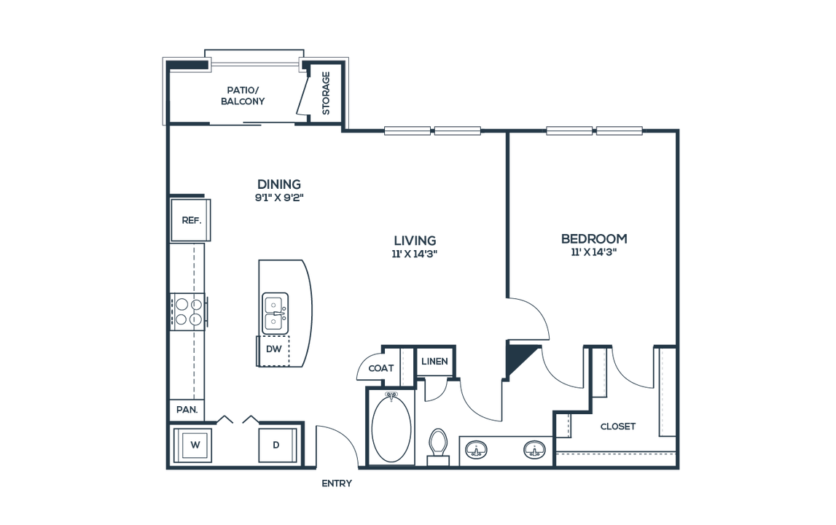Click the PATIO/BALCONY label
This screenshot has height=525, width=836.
(243, 96)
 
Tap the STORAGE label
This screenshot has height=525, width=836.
(326, 93)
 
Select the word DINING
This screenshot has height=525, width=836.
(279, 184)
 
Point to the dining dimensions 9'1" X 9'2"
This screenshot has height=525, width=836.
(279, 198)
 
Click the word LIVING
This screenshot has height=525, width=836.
(415, 241)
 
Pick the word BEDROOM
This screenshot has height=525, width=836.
(594, 238)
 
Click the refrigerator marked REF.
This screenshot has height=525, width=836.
(190, 219)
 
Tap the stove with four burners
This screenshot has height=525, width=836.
(188, 311)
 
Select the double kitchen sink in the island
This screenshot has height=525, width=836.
(275, 314)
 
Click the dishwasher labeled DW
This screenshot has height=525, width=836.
(273, 350)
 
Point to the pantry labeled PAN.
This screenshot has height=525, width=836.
(187, 410)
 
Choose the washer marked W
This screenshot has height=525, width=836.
(193, 445)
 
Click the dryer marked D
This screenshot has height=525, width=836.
(277, 445)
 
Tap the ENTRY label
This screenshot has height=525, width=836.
(337, 483)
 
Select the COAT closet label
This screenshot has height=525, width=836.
(380, 368)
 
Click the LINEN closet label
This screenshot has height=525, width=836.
(434, 361)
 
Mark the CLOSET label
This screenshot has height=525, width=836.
(618, 427)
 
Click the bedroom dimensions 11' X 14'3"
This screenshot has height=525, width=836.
(594, 252)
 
